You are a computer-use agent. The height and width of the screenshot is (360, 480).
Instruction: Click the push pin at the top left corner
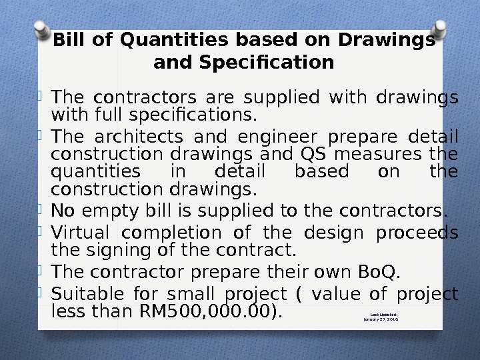coord(42,30)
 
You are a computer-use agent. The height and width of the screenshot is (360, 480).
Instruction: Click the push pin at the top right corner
coord(439,30)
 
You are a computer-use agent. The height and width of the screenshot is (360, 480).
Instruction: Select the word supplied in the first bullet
coord(281,98)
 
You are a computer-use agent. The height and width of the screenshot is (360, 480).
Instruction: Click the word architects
coord(139,137)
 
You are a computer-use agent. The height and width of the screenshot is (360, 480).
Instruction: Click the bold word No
coord(63,211)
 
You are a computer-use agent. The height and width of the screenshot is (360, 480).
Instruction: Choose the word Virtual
coord(80,233)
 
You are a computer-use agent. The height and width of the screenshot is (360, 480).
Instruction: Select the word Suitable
coord(87,294)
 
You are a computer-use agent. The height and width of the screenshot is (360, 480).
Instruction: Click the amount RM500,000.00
coord(205,311)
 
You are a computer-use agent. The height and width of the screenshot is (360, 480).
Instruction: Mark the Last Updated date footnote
coord(381,317)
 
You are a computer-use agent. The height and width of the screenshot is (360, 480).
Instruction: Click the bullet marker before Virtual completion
coord(39,231)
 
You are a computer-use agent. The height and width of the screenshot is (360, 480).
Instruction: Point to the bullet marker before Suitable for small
coord(39,293)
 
